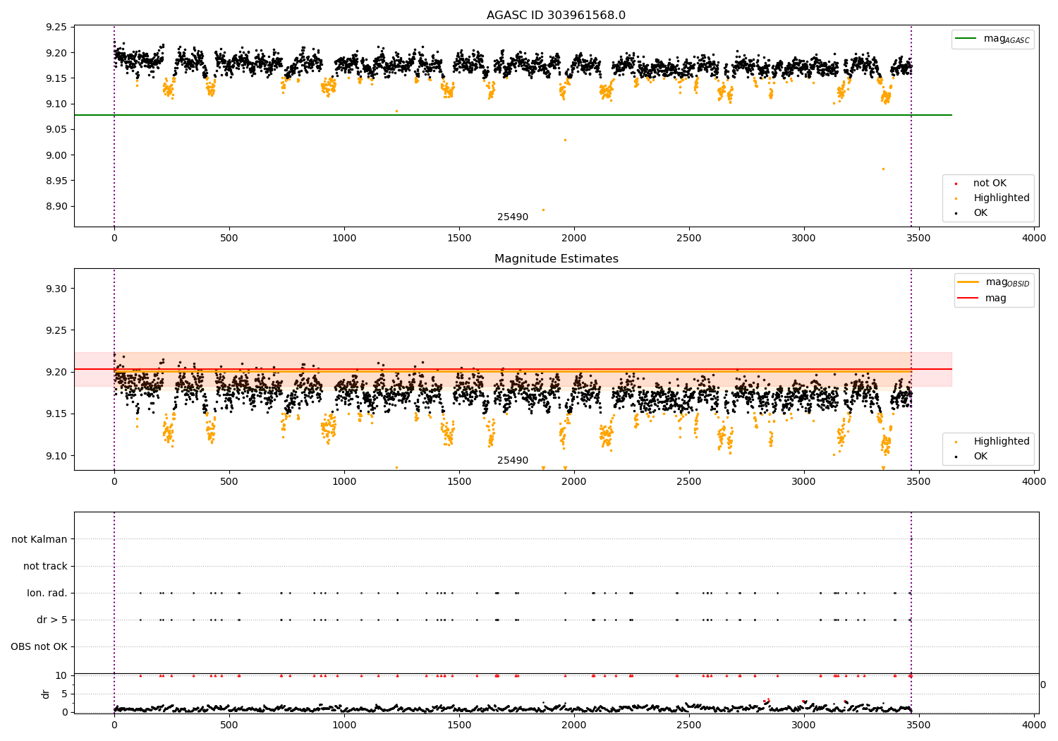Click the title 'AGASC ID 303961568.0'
click(556, 16)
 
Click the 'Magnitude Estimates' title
click(556, 259)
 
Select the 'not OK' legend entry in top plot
click(990, 183)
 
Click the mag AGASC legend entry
click(1006, 39)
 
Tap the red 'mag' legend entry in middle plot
click(995, 299)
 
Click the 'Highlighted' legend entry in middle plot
click(1001, 442)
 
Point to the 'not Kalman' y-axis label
click(39, 539)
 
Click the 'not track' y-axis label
click(45, 566)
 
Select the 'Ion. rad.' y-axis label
click(47, 593)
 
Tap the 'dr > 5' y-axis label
click(52, 620)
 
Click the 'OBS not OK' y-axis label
click(39, 646)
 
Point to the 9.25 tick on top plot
click(56, 27)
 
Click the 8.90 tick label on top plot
click(56, 206)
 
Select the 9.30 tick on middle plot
click(56, 289)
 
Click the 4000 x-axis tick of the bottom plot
click(1034, 725)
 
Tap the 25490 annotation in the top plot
click(513, 217)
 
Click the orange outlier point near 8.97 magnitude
click(882, 169)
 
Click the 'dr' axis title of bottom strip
click(46, 694)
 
